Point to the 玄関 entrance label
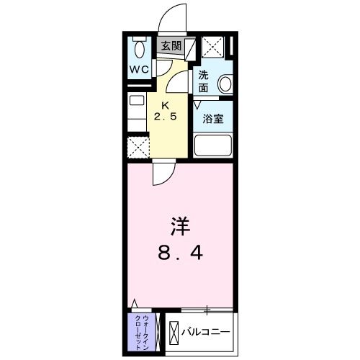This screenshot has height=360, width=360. pos(170,45)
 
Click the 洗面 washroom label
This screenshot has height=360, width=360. pos(204,81)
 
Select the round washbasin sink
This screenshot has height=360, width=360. pos(225,84)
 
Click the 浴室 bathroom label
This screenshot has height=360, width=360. pos(212,119)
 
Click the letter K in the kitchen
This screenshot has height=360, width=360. pos(164,104)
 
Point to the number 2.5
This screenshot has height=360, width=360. pos(165,116)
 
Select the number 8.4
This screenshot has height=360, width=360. pos(180,253)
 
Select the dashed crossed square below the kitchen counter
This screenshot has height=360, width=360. pos(138,147)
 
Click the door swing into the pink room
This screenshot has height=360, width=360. pos(163,173)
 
